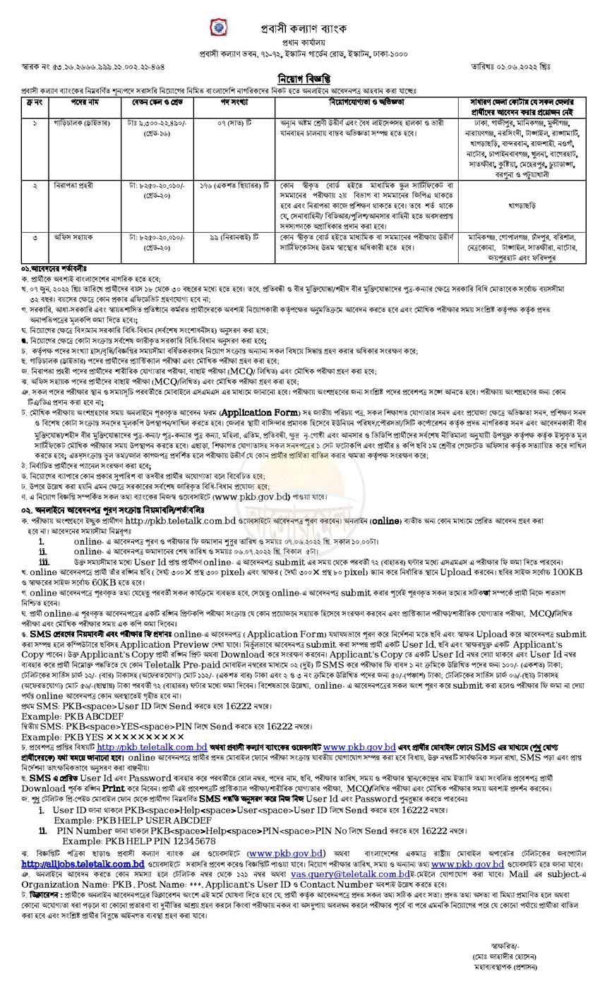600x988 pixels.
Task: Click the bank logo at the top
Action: coord(217,28)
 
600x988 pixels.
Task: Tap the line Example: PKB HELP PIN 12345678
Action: coord(139,841)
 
